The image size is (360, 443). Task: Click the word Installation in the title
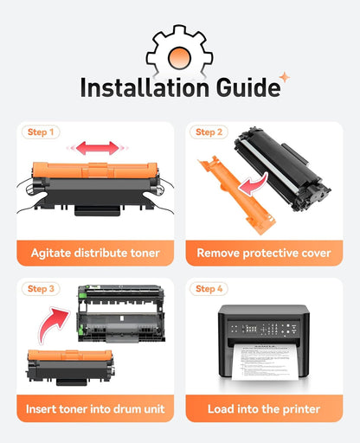coord(145,87)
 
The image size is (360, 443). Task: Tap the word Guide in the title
coord(248,87)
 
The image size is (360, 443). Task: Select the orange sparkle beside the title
coord(285,77)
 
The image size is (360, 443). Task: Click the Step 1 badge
coord(41,132)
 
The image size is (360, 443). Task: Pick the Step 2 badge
coord(209,132)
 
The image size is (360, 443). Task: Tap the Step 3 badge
coord(41,289)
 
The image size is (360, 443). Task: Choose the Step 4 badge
coord(209,289)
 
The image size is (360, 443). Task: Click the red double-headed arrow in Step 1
coord(98,148)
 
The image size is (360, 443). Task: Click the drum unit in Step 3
coord(121,314)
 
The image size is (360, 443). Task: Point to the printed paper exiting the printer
coord(265,362)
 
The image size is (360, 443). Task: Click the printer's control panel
coord(263,329)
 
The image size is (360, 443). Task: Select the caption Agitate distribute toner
coord(95,253)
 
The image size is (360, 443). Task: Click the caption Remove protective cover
coord(264,253)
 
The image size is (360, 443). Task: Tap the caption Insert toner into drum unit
coord(95,409)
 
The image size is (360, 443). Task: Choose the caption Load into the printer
coord(264,409)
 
